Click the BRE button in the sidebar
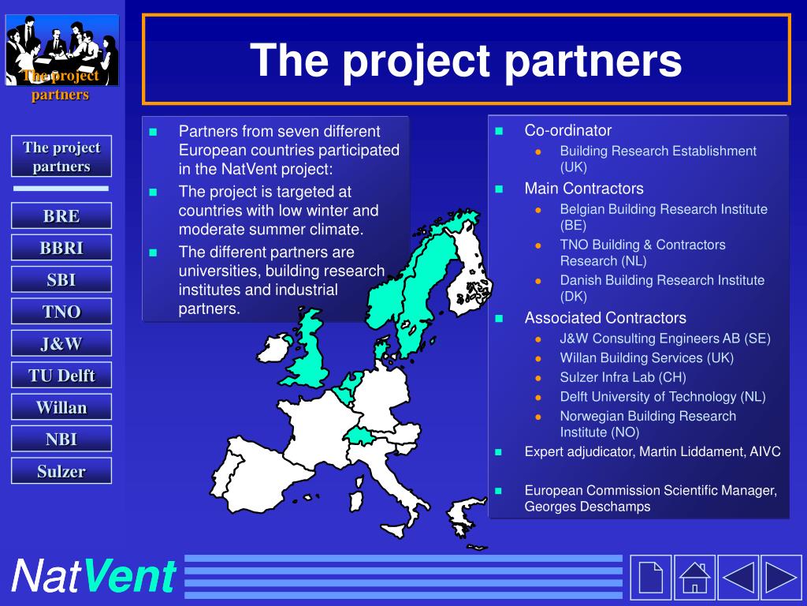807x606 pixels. pyautogui.click(x=61, y=215)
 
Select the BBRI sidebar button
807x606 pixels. pyautogui.click(x=61, y=247)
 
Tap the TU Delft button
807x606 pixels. pyautogui.click(x=61, y=375)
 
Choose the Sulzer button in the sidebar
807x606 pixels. pyautogui.click(x=61, y=470)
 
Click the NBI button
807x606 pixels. pyautogui.click(x=61, y=439)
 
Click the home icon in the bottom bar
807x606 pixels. pyautogui.click(x=694, y=578)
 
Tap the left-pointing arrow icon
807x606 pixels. pyautogui.click(x=738, y=578)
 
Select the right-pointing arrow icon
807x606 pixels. pyautogui.click(x=781, y=578)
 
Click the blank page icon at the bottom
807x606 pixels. pyautogui.click(x=650, y=578)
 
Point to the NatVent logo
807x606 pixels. pyautogui.click(x=95, y=576)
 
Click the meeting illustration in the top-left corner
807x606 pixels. pyautogui.click(x=61, y=50)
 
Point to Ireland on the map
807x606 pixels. pyautogui.click(x=274, y=348)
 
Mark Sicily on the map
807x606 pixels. pyautogui.click(x=395, y=531)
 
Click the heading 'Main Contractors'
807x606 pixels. pyautogui.click(x=584, y=189)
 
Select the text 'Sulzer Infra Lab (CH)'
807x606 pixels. pyautogui.click(x=623, y=377)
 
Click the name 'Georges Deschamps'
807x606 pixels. pyautogui.click(x=587, y=507)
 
